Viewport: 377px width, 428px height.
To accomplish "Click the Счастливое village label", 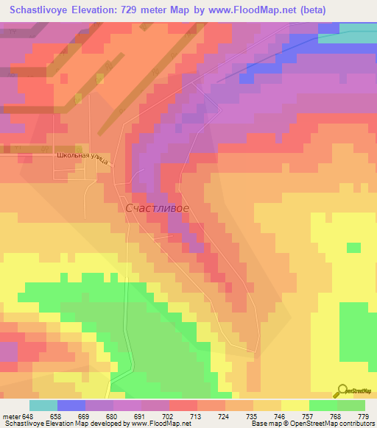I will coord(158,209).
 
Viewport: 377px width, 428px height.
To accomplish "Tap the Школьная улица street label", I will coord(82,158).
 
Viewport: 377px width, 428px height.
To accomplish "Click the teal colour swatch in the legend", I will coord(43,405).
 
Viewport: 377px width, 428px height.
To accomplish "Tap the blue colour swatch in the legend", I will coord(71,405).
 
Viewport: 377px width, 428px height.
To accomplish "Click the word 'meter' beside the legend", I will coord(12,415).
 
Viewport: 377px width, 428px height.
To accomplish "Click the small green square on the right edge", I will coord(354,247).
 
